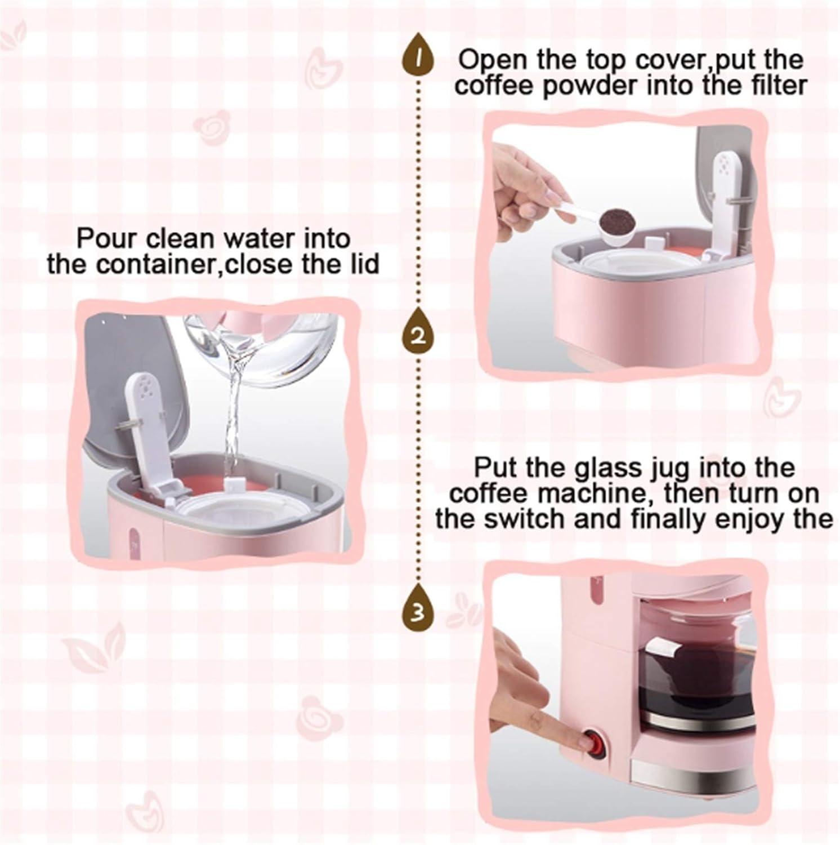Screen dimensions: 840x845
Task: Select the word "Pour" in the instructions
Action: [x=106, y=238]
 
